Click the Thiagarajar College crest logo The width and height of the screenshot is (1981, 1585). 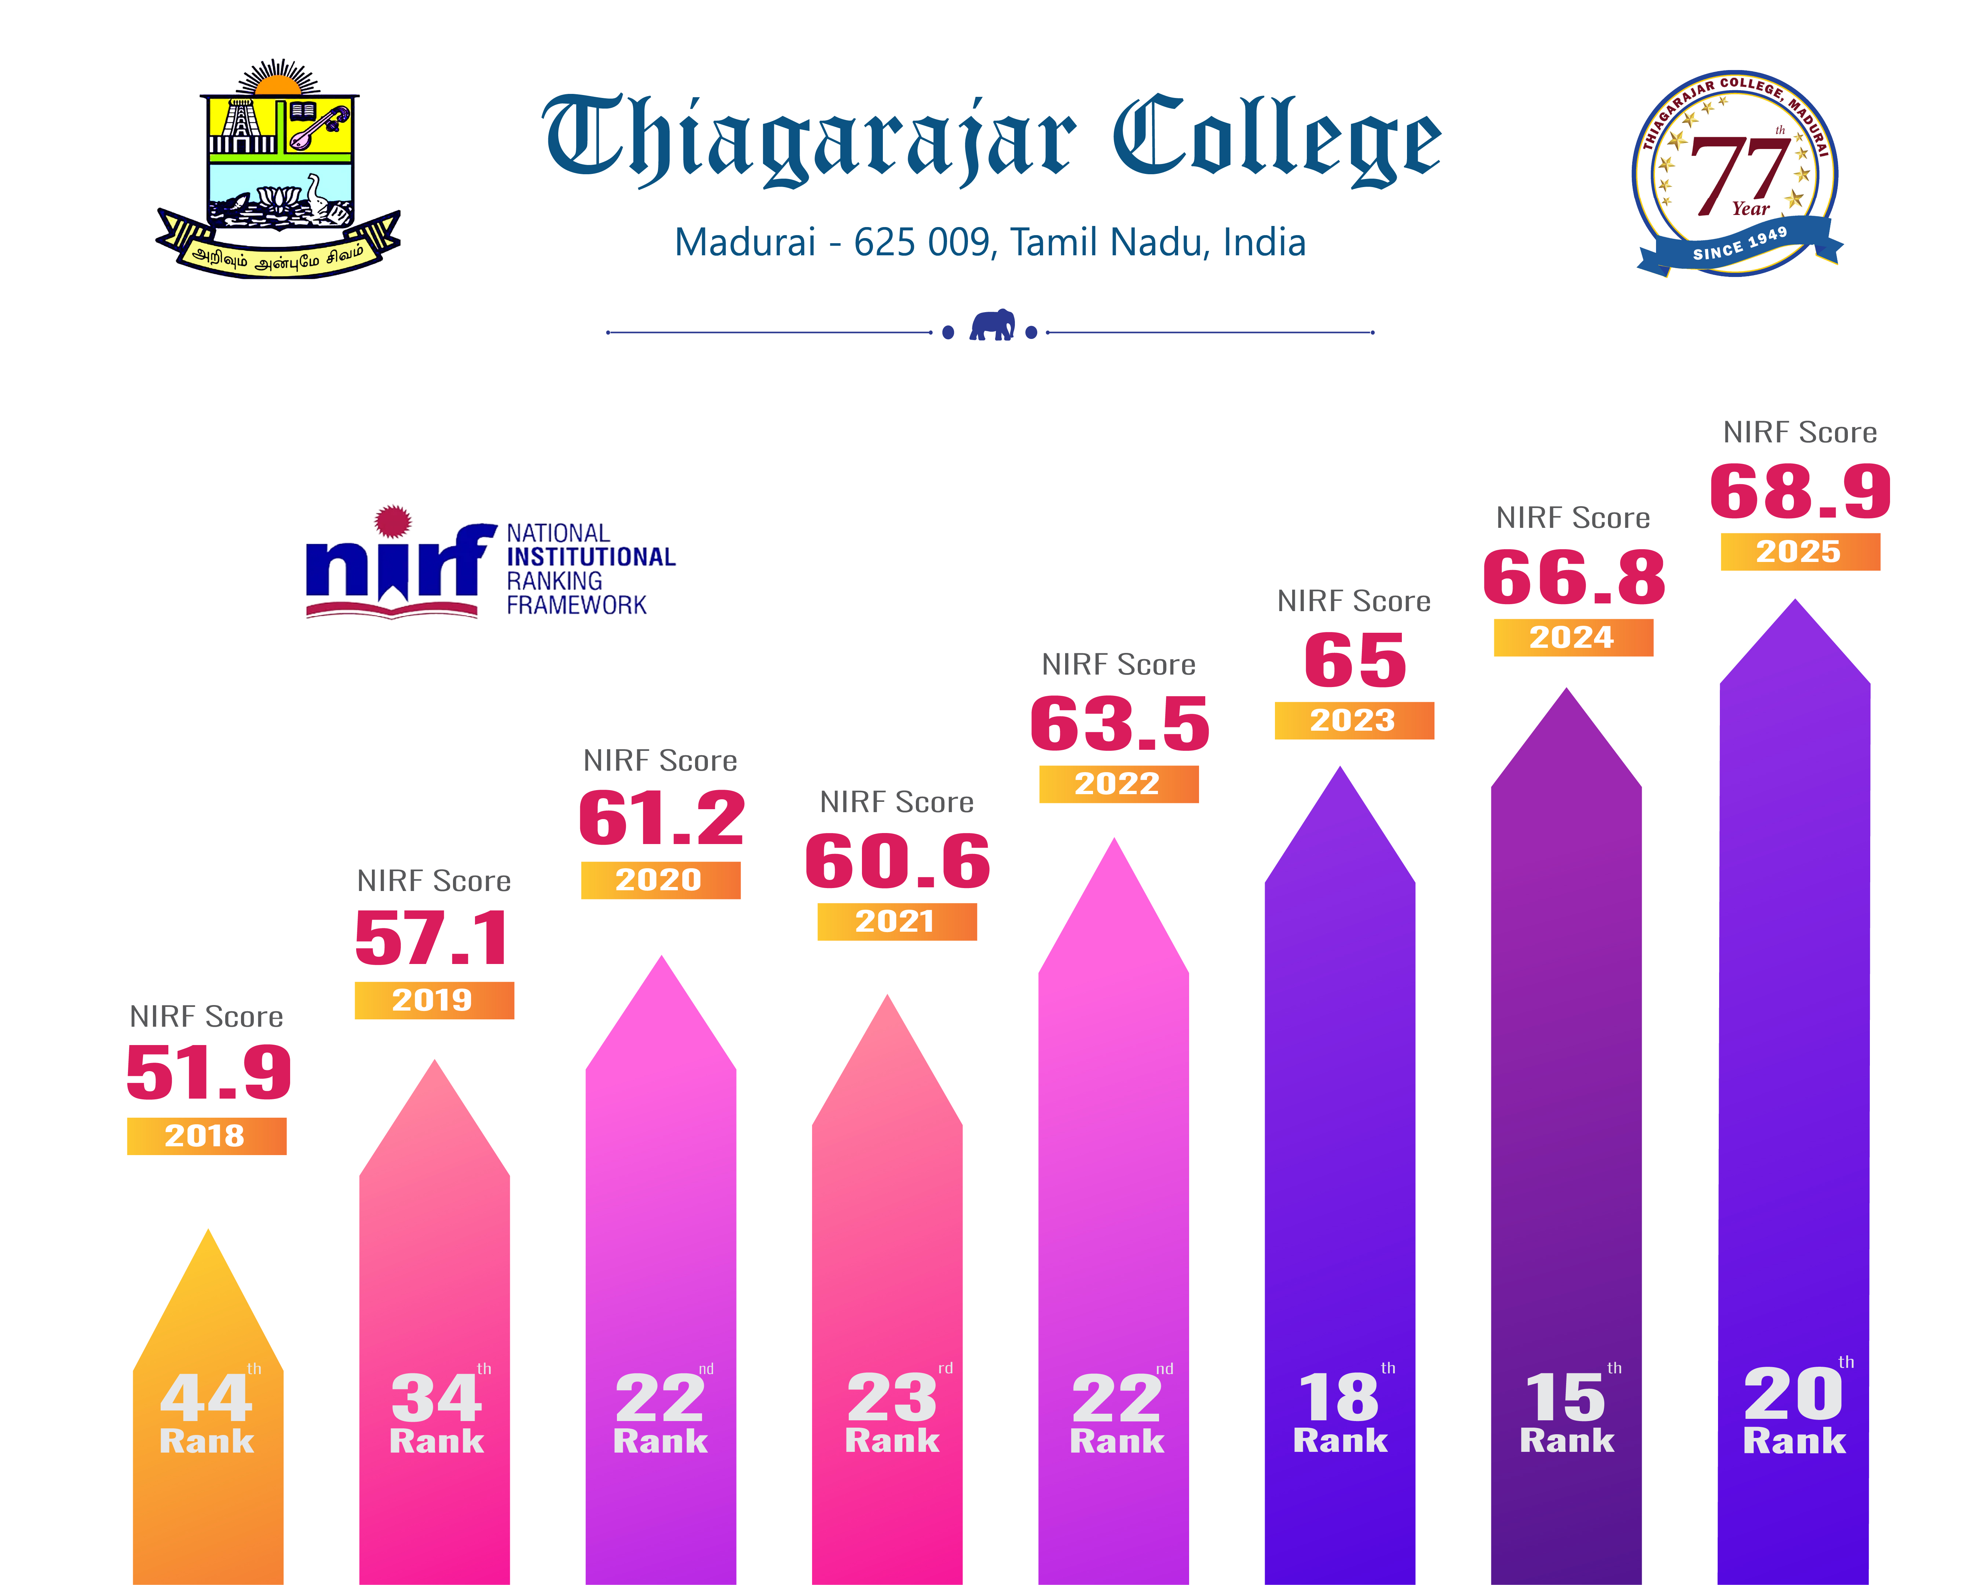[x=278, y=170]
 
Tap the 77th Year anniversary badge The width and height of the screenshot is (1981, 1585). [x=1737, y=173]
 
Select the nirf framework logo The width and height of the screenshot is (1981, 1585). [x=490, y=562]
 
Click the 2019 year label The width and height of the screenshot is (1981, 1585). [x=434, y=1000]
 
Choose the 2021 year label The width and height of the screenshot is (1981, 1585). [x=896, y=921]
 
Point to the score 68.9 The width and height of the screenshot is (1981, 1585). [x=1799, y=492]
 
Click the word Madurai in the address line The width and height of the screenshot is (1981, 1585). [x=744, y=242]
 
